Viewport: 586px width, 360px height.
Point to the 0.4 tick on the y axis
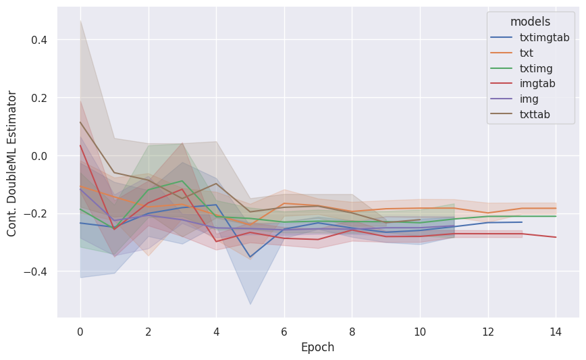[x=39, y=40]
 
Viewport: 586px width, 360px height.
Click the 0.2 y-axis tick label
[x=39, y=98]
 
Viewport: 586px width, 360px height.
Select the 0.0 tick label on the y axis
[x=39, y=156]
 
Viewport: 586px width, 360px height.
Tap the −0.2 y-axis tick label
[x=36, y=213]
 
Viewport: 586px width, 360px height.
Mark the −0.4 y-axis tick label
[x=36, y=272]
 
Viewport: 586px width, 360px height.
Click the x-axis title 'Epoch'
[x=317, y=347]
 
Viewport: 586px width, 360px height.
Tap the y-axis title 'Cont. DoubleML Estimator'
[x=12, y=163]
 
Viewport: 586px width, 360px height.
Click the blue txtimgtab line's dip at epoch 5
[x=250, y=257]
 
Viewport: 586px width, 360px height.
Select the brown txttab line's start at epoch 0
[x=80, y=122]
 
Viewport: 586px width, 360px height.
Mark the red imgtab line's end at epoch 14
[x=556, y=237]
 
